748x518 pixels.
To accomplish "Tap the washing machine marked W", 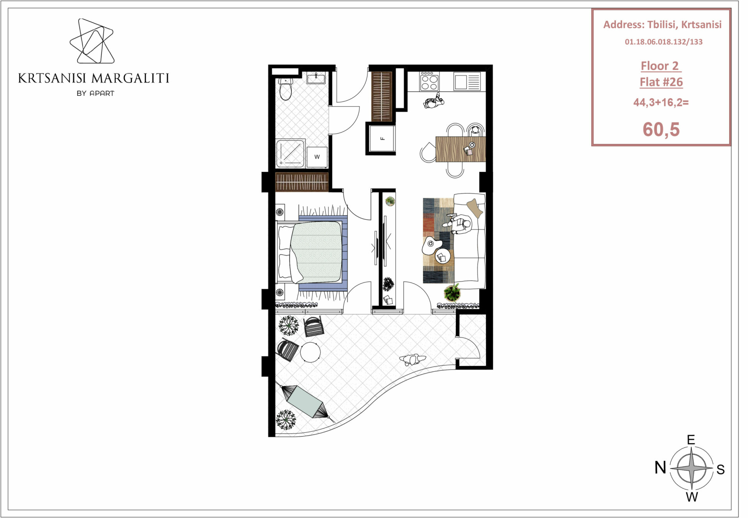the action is pos(317,157).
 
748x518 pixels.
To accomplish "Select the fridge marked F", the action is pos(382,138).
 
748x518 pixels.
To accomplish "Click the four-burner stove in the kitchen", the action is pos(429,81).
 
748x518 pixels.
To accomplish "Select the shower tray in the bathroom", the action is pos(290,153).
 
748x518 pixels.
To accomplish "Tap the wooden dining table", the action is pos(460,149).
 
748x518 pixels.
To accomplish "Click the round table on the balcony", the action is pos(310,352).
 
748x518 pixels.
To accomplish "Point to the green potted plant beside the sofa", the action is pos(452,292).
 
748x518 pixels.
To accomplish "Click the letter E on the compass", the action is pos(691,440).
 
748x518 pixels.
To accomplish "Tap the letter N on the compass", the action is pos(660,467).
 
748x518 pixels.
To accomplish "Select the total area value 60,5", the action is pos(661,129).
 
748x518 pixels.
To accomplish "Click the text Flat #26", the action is pos(661,82).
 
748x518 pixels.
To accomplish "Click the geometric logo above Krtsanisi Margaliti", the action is pos(92,41).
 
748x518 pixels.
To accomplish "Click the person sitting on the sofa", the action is pos(461,224).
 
